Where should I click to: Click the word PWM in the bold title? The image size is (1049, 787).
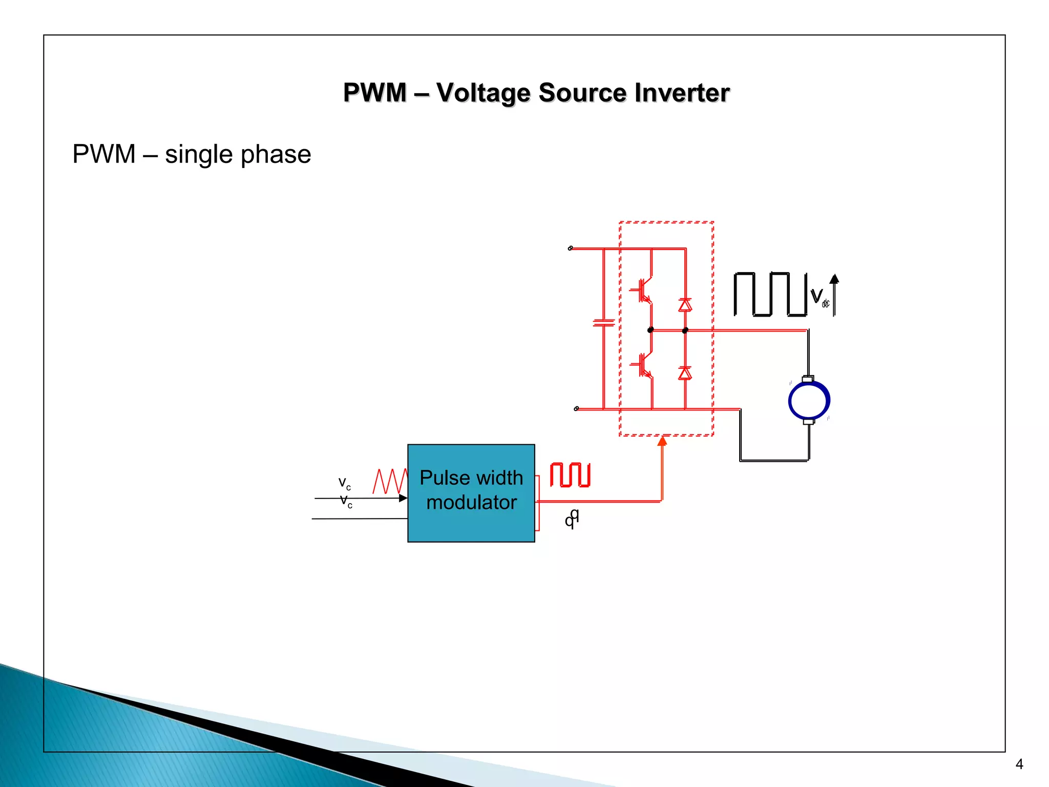375,93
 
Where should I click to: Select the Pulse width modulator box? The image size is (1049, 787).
471,492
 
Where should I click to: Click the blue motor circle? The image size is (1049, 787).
809,401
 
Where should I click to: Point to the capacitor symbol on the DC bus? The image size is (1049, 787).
603,323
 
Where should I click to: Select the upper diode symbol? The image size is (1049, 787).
685,305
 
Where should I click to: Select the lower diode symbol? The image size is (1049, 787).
685,373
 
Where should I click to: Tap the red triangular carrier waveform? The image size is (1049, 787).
390,481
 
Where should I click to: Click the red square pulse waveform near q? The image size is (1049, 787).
570,474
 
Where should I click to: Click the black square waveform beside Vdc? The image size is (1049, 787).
770,294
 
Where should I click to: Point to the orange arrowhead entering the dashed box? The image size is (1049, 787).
662,441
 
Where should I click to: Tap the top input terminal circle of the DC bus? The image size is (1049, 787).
570,248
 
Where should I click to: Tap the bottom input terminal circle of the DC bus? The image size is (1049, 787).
576,409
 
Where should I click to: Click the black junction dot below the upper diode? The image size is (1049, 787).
685,330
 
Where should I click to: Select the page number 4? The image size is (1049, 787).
1019,764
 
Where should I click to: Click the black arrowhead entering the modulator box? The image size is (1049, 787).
403,498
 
